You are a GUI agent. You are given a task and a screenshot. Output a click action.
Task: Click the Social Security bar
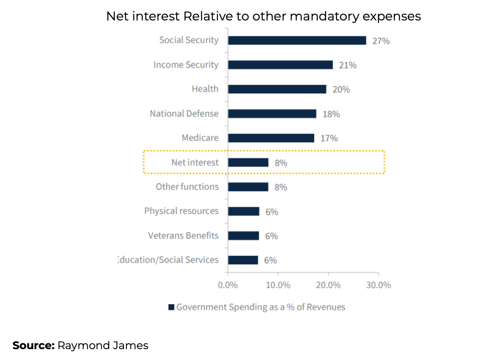(297, 41)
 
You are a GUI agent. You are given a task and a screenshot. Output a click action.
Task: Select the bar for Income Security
(280, 65)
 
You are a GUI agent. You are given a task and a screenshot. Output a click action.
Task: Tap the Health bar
(277, 89)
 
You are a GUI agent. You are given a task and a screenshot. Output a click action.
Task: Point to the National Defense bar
(272, 114)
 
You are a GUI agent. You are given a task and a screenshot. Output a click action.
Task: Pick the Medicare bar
(271, 138)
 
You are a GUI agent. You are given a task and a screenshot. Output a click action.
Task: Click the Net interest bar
(248, 162)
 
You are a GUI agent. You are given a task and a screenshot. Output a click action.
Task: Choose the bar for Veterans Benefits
(243, 236)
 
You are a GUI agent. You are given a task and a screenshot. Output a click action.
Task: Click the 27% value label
(381, 41)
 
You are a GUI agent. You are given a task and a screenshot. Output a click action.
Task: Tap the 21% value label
(348, 65)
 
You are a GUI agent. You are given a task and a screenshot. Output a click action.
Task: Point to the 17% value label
(329, 138)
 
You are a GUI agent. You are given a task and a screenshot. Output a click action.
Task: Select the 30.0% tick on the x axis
(378, 285)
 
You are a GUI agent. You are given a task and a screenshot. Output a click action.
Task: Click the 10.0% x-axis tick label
(278, 285)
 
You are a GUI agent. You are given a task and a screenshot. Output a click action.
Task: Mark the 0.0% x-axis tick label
(228, 285)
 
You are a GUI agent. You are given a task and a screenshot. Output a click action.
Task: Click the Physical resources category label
(181, 211)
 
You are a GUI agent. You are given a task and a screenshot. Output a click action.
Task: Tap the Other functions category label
(187, 187)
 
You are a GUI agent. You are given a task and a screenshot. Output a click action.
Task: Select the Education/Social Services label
(168, 260)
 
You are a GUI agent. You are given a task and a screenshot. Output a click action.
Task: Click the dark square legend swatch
(171, 307)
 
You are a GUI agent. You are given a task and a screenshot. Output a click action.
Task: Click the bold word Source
(33, 346)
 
